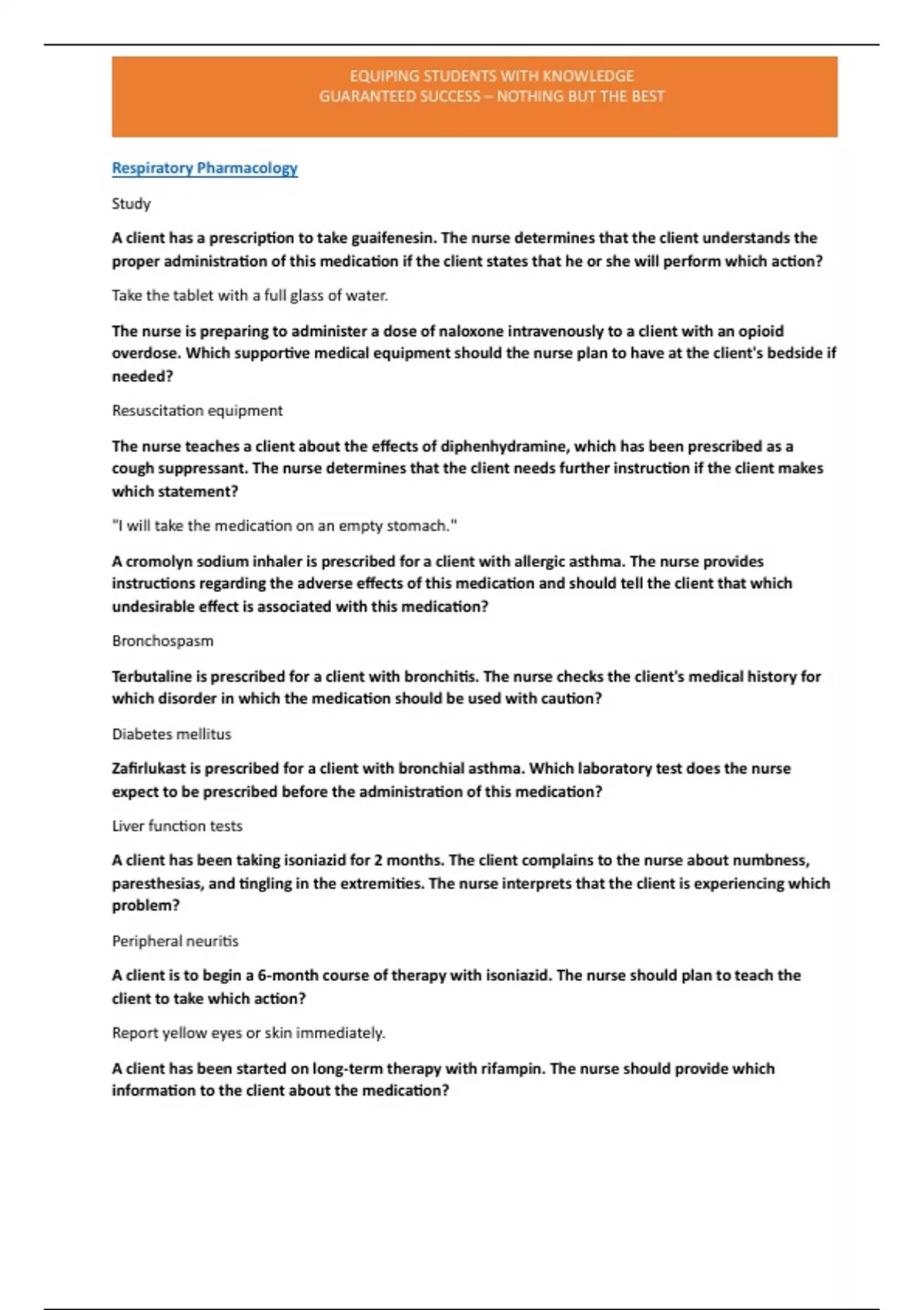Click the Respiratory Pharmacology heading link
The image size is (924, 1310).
pyautogui.click(x=204, y=168)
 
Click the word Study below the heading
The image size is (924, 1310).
pyautogui.click(x=131, y=203)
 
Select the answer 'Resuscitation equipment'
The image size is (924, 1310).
pyautogui.click(x=197, y=411)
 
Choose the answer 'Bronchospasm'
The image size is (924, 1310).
pyautogui.click(x=162, y=641)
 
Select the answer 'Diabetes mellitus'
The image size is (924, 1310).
pyautogui.click(x=171, y=734)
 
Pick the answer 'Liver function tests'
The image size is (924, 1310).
pyautogui.click(x=177, y=826)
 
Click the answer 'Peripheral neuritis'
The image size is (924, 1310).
pyautogui.click(x=175, y=941)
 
